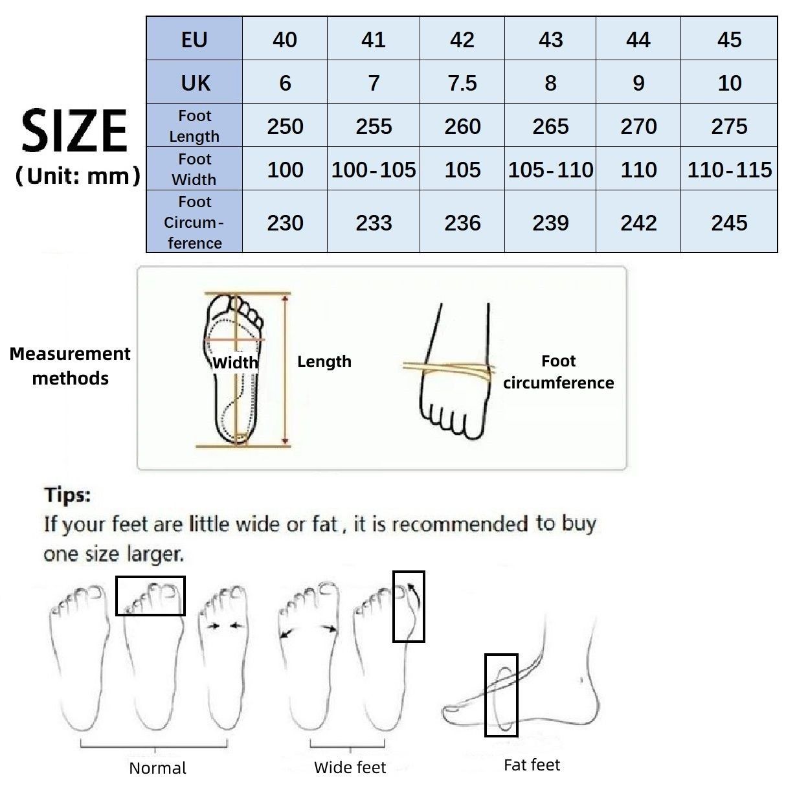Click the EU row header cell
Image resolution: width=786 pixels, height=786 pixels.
[194, 39]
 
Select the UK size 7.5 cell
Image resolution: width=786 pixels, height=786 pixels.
[462, 83]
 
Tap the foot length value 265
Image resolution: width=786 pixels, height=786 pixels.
[550, 126]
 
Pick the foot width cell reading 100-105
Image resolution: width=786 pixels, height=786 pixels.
[374, 170]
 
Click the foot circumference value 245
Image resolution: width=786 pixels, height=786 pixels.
[729, 223]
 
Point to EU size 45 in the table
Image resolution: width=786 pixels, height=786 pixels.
[729, 39]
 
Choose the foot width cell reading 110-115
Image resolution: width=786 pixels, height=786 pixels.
[729, 170]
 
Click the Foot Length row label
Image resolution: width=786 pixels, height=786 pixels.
[194, 126]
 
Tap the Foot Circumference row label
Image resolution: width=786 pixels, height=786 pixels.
[194, 222]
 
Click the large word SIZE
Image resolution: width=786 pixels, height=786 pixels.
[74, 131]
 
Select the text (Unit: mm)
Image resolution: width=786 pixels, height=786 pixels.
[77, 175]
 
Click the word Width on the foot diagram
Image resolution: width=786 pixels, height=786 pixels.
[235, 363]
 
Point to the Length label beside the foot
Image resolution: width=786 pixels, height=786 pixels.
[324, 361]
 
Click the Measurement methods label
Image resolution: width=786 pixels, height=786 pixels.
[70, 366]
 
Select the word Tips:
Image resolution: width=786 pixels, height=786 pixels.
[67, 495]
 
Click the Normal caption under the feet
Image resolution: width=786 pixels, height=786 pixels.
[157, 768]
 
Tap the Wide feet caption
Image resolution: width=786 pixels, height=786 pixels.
[350, 767]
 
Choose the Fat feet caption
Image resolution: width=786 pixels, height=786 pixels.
[532, 765]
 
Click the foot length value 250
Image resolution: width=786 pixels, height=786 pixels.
[285, 126]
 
